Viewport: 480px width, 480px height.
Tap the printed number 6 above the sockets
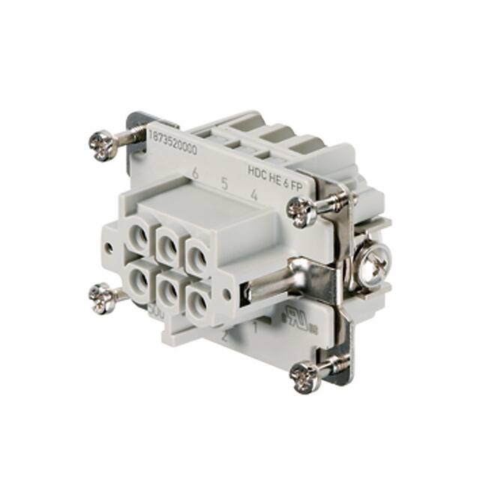click(195, 173)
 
